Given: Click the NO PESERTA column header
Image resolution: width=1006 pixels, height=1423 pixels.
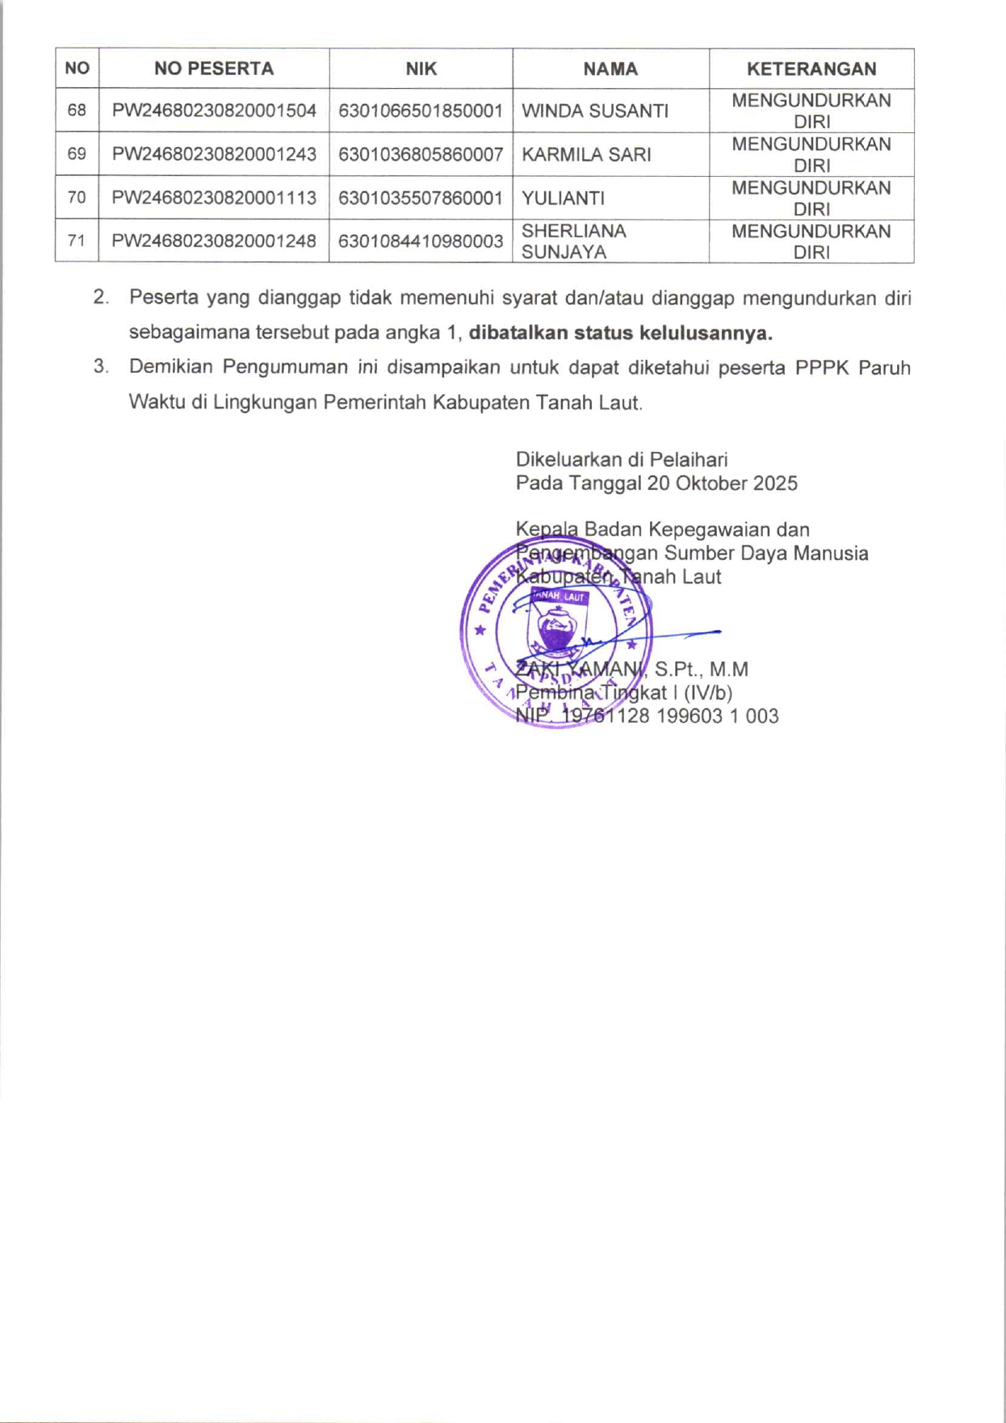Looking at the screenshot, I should click(214, 69).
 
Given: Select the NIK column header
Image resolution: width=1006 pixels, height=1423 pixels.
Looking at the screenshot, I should click(421, 69).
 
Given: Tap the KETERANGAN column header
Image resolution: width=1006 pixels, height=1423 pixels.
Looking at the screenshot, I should click(811, 69).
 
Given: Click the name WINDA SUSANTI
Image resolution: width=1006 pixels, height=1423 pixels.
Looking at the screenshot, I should click(595, 111).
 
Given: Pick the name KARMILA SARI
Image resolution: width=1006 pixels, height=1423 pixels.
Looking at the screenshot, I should click(586, 155).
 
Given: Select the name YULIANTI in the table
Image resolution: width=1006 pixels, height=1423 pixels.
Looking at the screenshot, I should click(563, 199).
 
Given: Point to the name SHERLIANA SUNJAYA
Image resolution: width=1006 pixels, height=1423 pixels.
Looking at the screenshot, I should click(573, 241).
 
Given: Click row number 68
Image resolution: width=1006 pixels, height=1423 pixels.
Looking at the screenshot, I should click(77, 111).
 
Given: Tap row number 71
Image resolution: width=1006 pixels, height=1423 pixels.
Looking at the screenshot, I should click(77, 241).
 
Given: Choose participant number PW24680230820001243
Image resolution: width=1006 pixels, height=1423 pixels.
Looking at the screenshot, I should click(214, 155).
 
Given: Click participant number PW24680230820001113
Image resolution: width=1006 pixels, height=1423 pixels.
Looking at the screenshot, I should click(214, 199).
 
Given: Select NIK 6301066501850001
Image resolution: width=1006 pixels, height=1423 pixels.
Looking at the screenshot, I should click(421, 111).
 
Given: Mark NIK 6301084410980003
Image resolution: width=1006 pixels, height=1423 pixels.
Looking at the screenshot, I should click(421, 241).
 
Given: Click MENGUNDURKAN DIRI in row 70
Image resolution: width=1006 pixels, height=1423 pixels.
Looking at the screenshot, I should click(811, 199).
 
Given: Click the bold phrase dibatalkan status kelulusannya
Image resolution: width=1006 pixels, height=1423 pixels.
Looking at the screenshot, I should click(620, 333).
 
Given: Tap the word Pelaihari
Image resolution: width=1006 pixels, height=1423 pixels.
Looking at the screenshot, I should click(689, 460).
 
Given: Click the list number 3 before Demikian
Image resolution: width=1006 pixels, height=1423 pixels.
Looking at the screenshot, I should click(100, 366).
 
